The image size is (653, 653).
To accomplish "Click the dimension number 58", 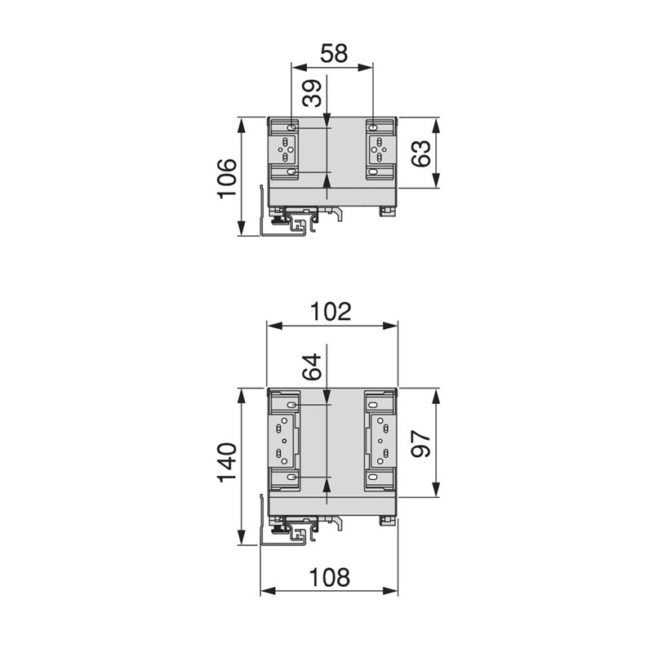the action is pos(334,54).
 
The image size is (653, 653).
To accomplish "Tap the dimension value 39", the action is pos(313,93).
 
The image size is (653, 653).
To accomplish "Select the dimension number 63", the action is pos(421,153).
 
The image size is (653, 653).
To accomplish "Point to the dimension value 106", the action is pos(227,178).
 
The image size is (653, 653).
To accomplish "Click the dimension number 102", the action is pos(331,311).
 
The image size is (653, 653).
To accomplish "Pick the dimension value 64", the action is pos(313,366).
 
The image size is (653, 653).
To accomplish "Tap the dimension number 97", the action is pos(421,445).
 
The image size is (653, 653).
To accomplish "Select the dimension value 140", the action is pos(227,463).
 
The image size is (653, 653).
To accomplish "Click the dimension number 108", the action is pos(330,578).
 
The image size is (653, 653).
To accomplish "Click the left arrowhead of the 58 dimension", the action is pos(299,67).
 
